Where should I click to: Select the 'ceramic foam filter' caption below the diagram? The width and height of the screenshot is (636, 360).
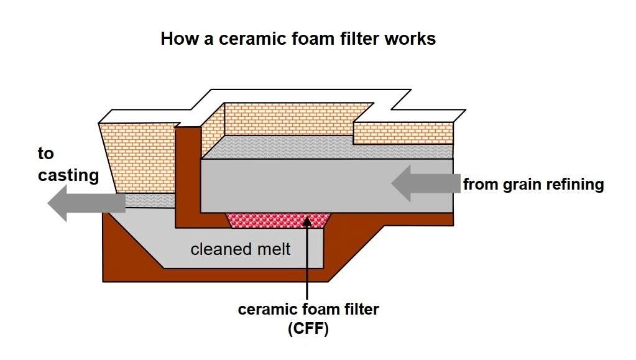[x=308, y=309]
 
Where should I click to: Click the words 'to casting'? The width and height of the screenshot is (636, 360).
[x=68, y=165]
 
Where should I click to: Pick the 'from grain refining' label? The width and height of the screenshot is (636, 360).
[x=533, y=184]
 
